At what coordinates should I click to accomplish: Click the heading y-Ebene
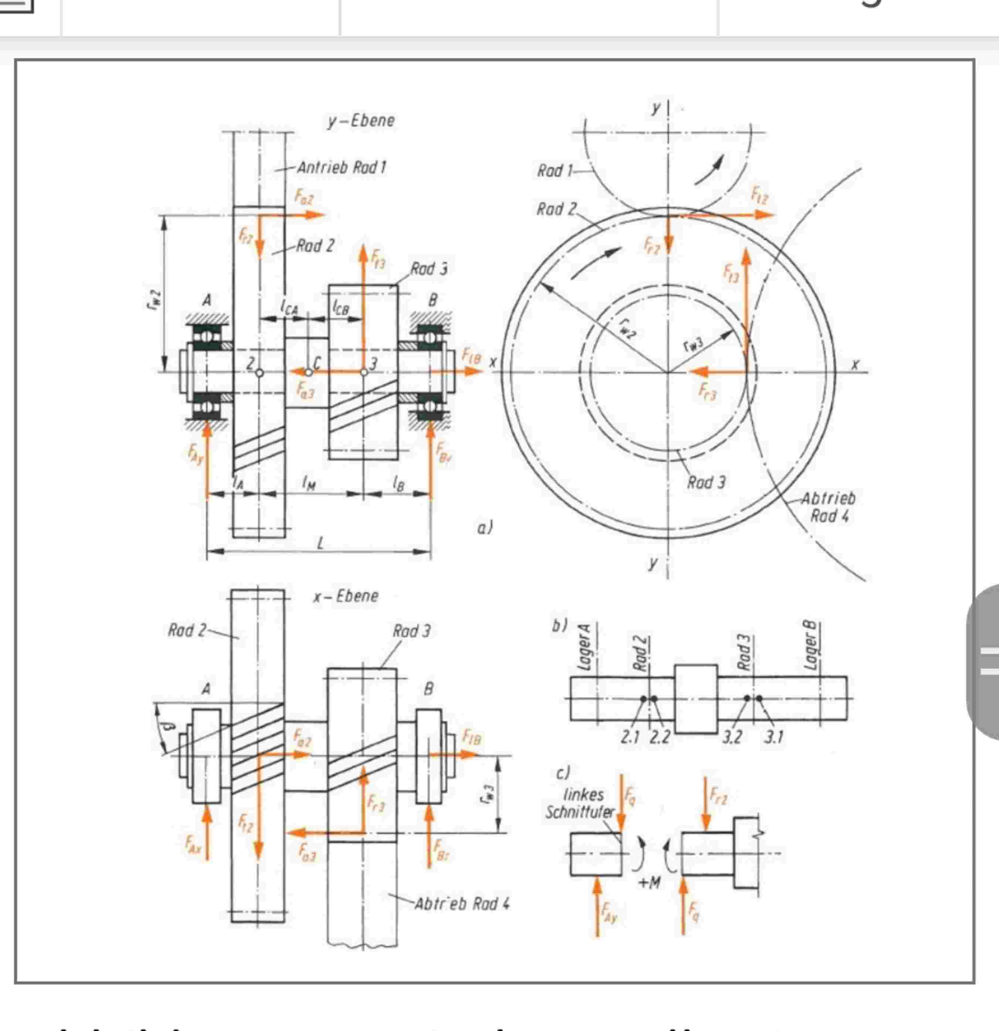[x=361, y=121]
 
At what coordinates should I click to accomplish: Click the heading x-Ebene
[x=346, y=596]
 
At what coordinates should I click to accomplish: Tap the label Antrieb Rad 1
[x=341, y=168]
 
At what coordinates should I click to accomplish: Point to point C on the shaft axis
[x=309, y=372]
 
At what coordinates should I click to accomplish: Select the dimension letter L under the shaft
[x=320, y=543]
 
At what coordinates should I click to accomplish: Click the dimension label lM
[x=309, y=482]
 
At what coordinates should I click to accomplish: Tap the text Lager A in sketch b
[x=584, y=647]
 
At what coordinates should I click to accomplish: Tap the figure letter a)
[x=484, y=527]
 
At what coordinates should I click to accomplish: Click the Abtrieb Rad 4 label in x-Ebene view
[x=462, y=904]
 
